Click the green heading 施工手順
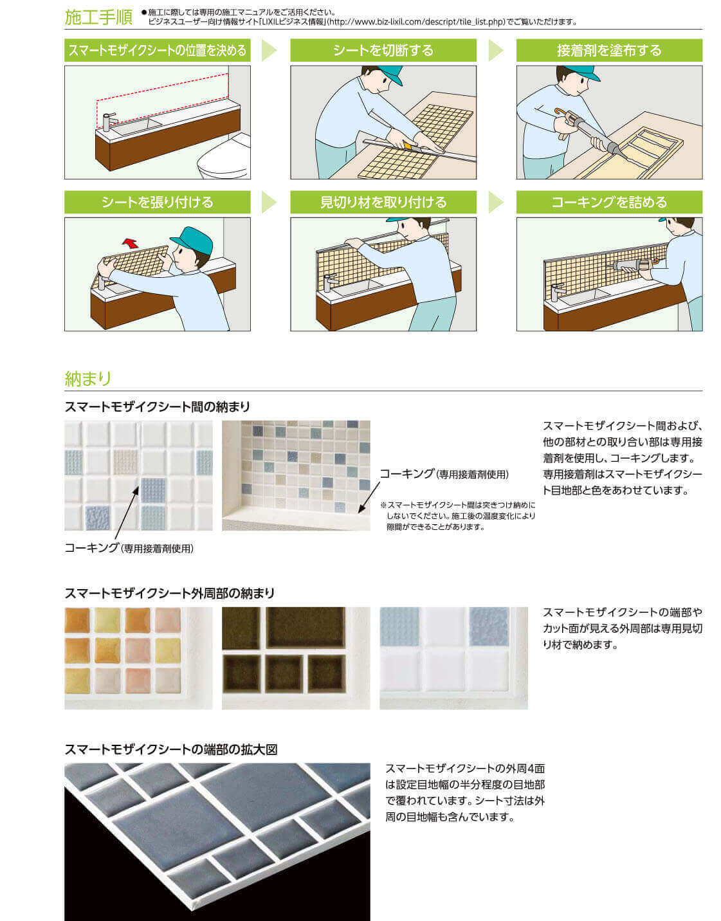click(x=98, y=17)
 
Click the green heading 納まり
click(x=87, y=378)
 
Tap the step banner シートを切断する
click(x=383, y=50)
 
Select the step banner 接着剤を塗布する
click(x=609, y=50)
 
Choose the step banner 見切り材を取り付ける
click(x=383, y=202)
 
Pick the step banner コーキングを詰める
click(x=609, y=202)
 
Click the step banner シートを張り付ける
click(x=157, y=202)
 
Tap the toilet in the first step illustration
click(x=224, y=158)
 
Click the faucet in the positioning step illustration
click(x=109, y=121)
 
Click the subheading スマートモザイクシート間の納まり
click(x=157, y=407)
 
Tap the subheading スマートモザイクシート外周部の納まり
click(x=170, y=594)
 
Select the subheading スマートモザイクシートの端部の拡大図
click(x=171, y=749)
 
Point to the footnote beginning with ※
click(x=458, y=516)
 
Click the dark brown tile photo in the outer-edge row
click(x=296, y=658)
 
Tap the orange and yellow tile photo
click(x=138, y=658)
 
